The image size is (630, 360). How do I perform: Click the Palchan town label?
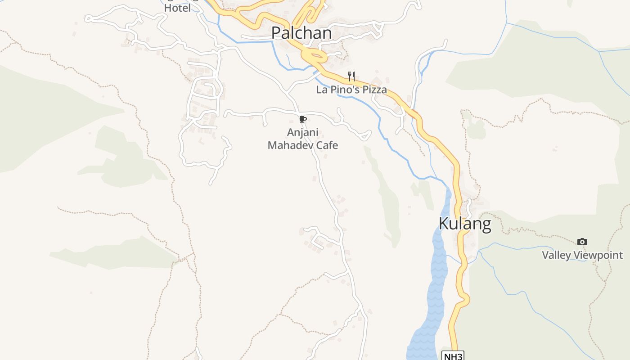pos(301,33)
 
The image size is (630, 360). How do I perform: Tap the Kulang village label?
pos(464,224)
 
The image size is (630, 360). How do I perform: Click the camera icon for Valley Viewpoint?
pos(582,242)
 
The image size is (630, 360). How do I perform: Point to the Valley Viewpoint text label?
pos(582,255)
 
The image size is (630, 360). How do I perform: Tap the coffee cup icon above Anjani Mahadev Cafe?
pos(303,119)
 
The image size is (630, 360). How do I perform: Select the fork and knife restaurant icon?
pos(351,76)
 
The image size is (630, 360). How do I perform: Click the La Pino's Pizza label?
pos(351,90)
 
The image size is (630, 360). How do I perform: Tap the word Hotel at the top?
pos(177,8)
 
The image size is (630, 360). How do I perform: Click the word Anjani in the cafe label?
pos(303,133)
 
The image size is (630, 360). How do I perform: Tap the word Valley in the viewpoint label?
pos(556,255)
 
